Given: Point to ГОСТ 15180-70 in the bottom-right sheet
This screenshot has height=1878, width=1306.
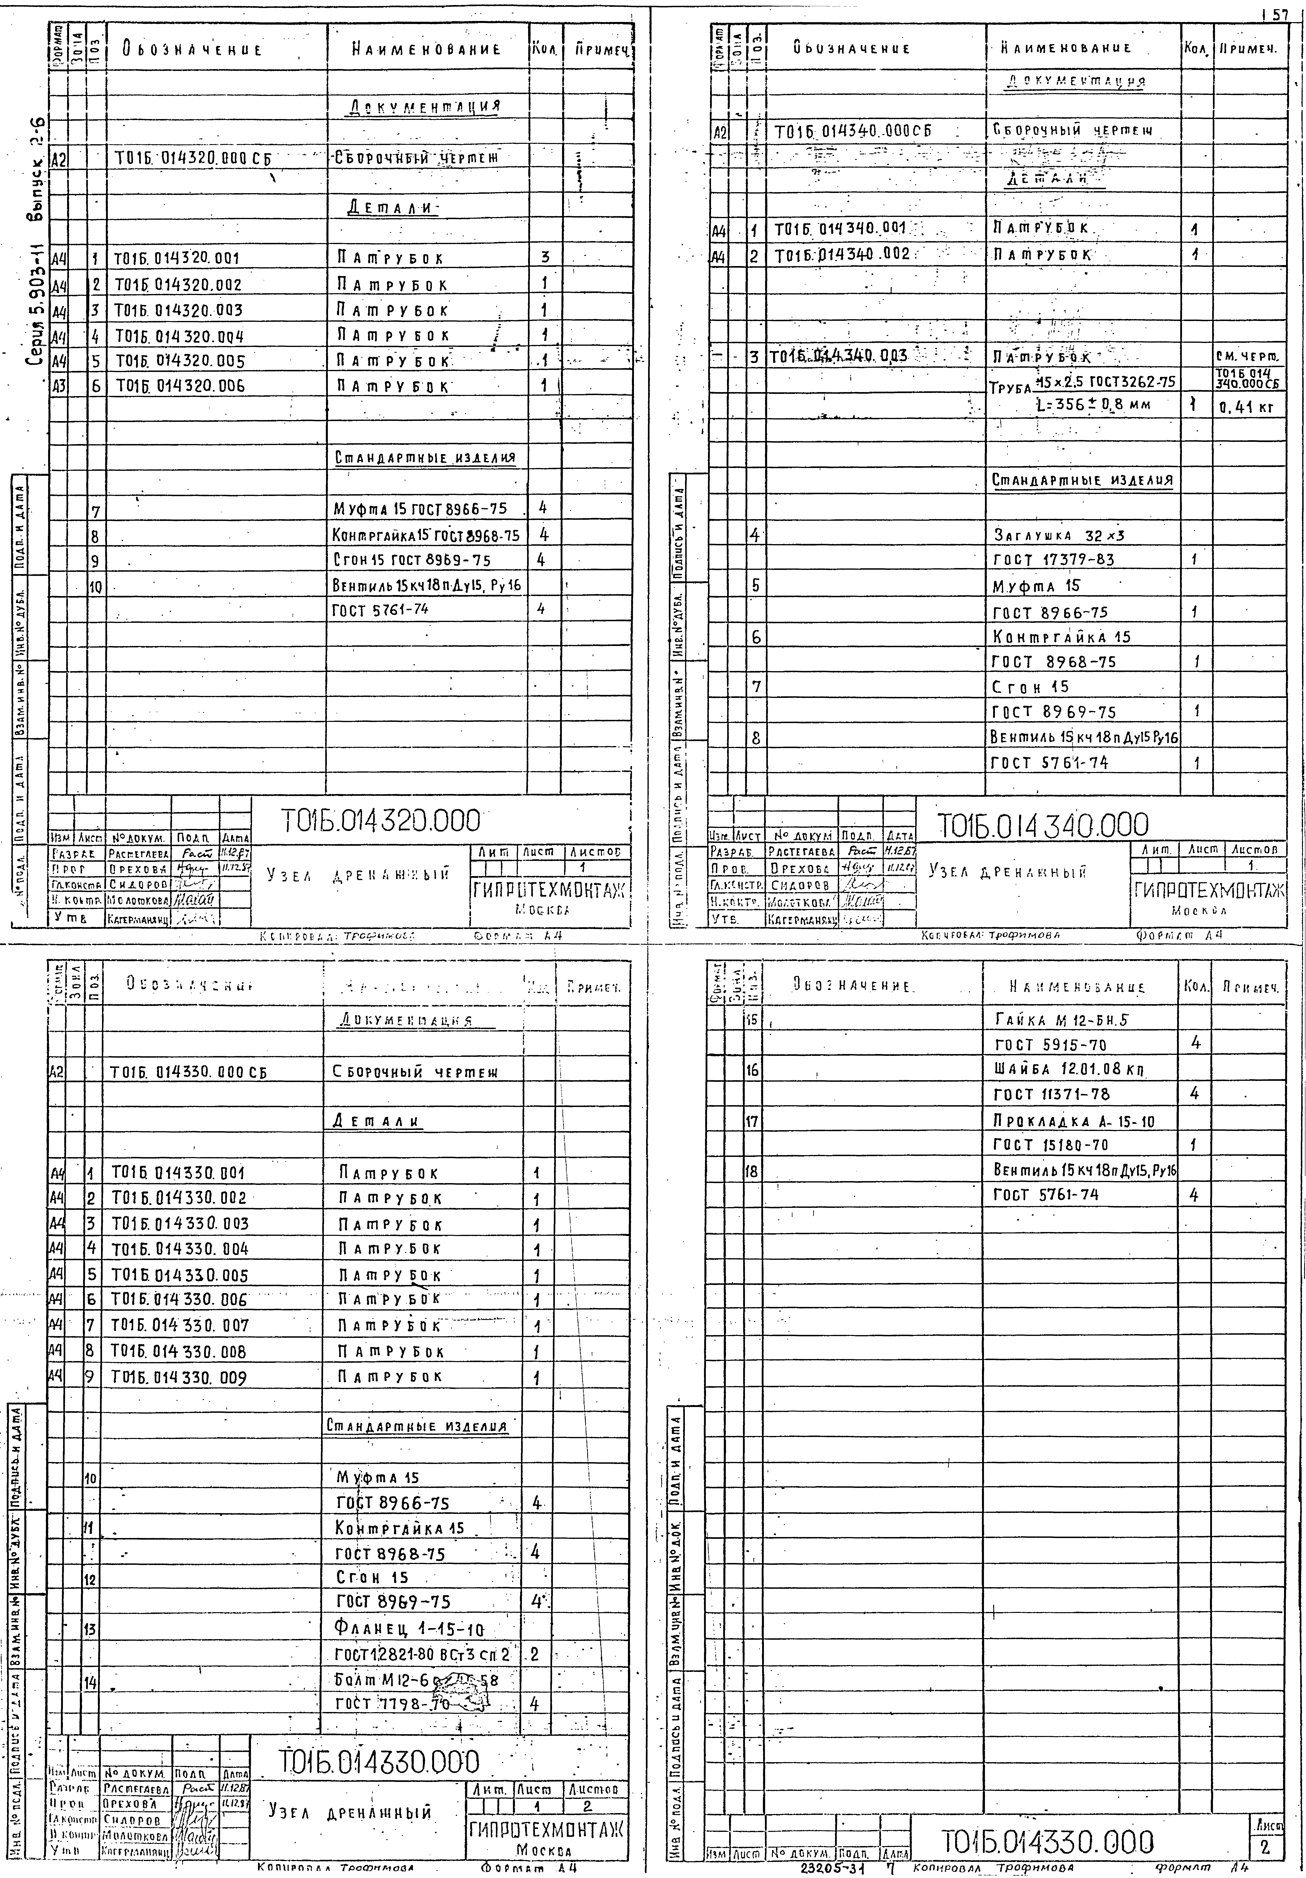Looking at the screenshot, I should pyautogui.click(x=1051, y=1145).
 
